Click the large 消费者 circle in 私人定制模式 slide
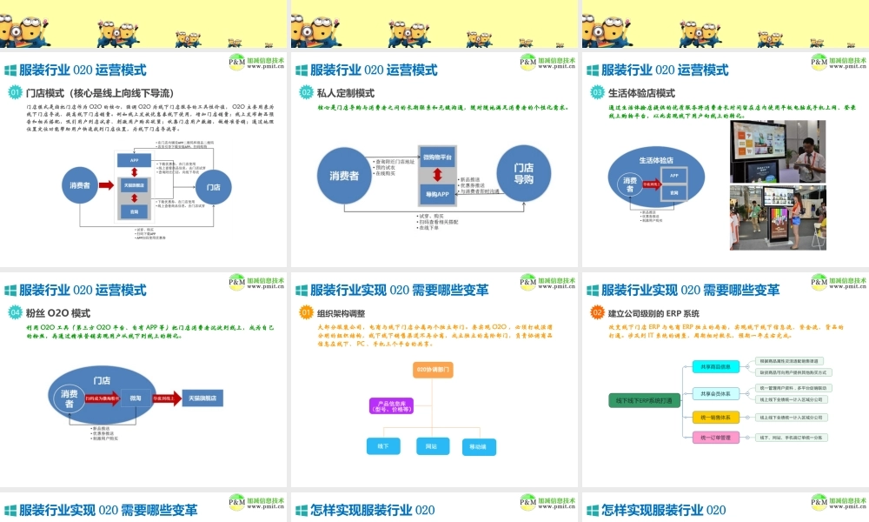tap(343, 175)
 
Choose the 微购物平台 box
tap(441, 156)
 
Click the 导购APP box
tap(441, 193)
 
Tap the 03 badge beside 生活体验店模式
tap(597, 92)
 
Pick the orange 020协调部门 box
tap(433, 370)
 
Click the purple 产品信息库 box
tap(388, 407)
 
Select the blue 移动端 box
tap(483, 447)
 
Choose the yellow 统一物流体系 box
tap(715, 417)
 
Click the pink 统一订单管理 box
tap(715, 438)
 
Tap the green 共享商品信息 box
tap(715, 366)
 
